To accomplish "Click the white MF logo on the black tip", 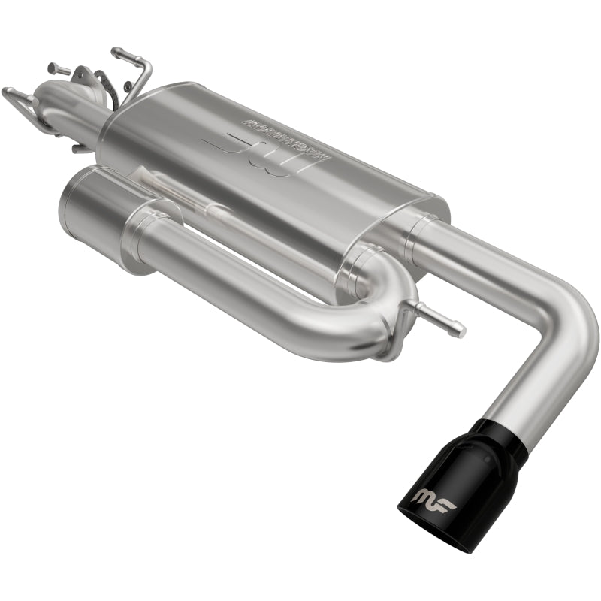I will point(433,498).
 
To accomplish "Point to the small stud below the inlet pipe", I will point(78,148).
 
